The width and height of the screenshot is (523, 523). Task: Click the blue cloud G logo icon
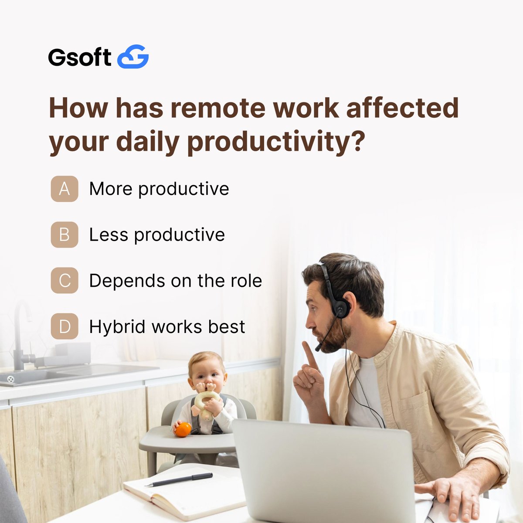(133, 57)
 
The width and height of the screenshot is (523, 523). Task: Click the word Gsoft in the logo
(79, 57)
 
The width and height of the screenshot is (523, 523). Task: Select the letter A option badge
(65, 189)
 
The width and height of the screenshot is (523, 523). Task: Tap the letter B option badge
(65, 234)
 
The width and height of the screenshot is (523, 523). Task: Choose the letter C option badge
(65, 280)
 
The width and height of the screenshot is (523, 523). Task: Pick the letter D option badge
(65, 326)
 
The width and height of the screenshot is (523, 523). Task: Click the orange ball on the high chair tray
(183, 429)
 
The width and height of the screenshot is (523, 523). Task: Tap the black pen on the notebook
(179, 479)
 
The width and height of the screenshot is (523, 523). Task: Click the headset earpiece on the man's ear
(340, 308)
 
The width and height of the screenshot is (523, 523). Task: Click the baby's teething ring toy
(207, 401)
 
